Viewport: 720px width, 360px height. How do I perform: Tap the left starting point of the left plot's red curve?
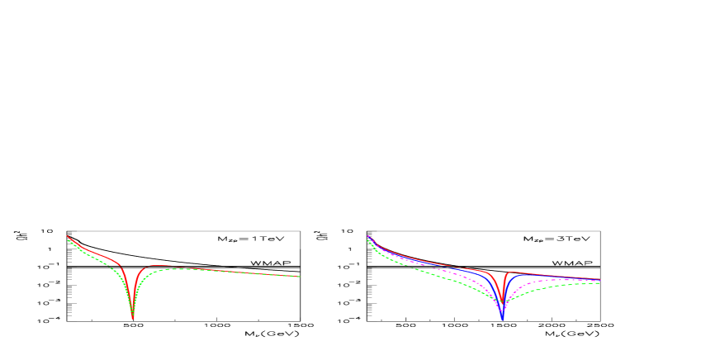coord(67,236)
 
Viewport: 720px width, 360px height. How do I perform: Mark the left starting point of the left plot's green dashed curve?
coord(68,241)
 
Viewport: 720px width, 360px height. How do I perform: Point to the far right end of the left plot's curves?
coord(300,277)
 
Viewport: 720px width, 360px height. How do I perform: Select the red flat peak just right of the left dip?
coord(153,266)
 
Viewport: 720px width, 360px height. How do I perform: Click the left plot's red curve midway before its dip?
coord(95,252)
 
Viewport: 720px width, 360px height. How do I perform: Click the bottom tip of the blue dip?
coord(502,319)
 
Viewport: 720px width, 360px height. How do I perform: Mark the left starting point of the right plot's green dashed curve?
coord(367,240)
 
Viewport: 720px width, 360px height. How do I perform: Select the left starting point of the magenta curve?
coord(368,237)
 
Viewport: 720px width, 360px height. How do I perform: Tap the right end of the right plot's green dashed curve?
coord(599,283)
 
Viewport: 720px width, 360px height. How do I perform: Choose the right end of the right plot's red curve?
coord(599,279)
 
